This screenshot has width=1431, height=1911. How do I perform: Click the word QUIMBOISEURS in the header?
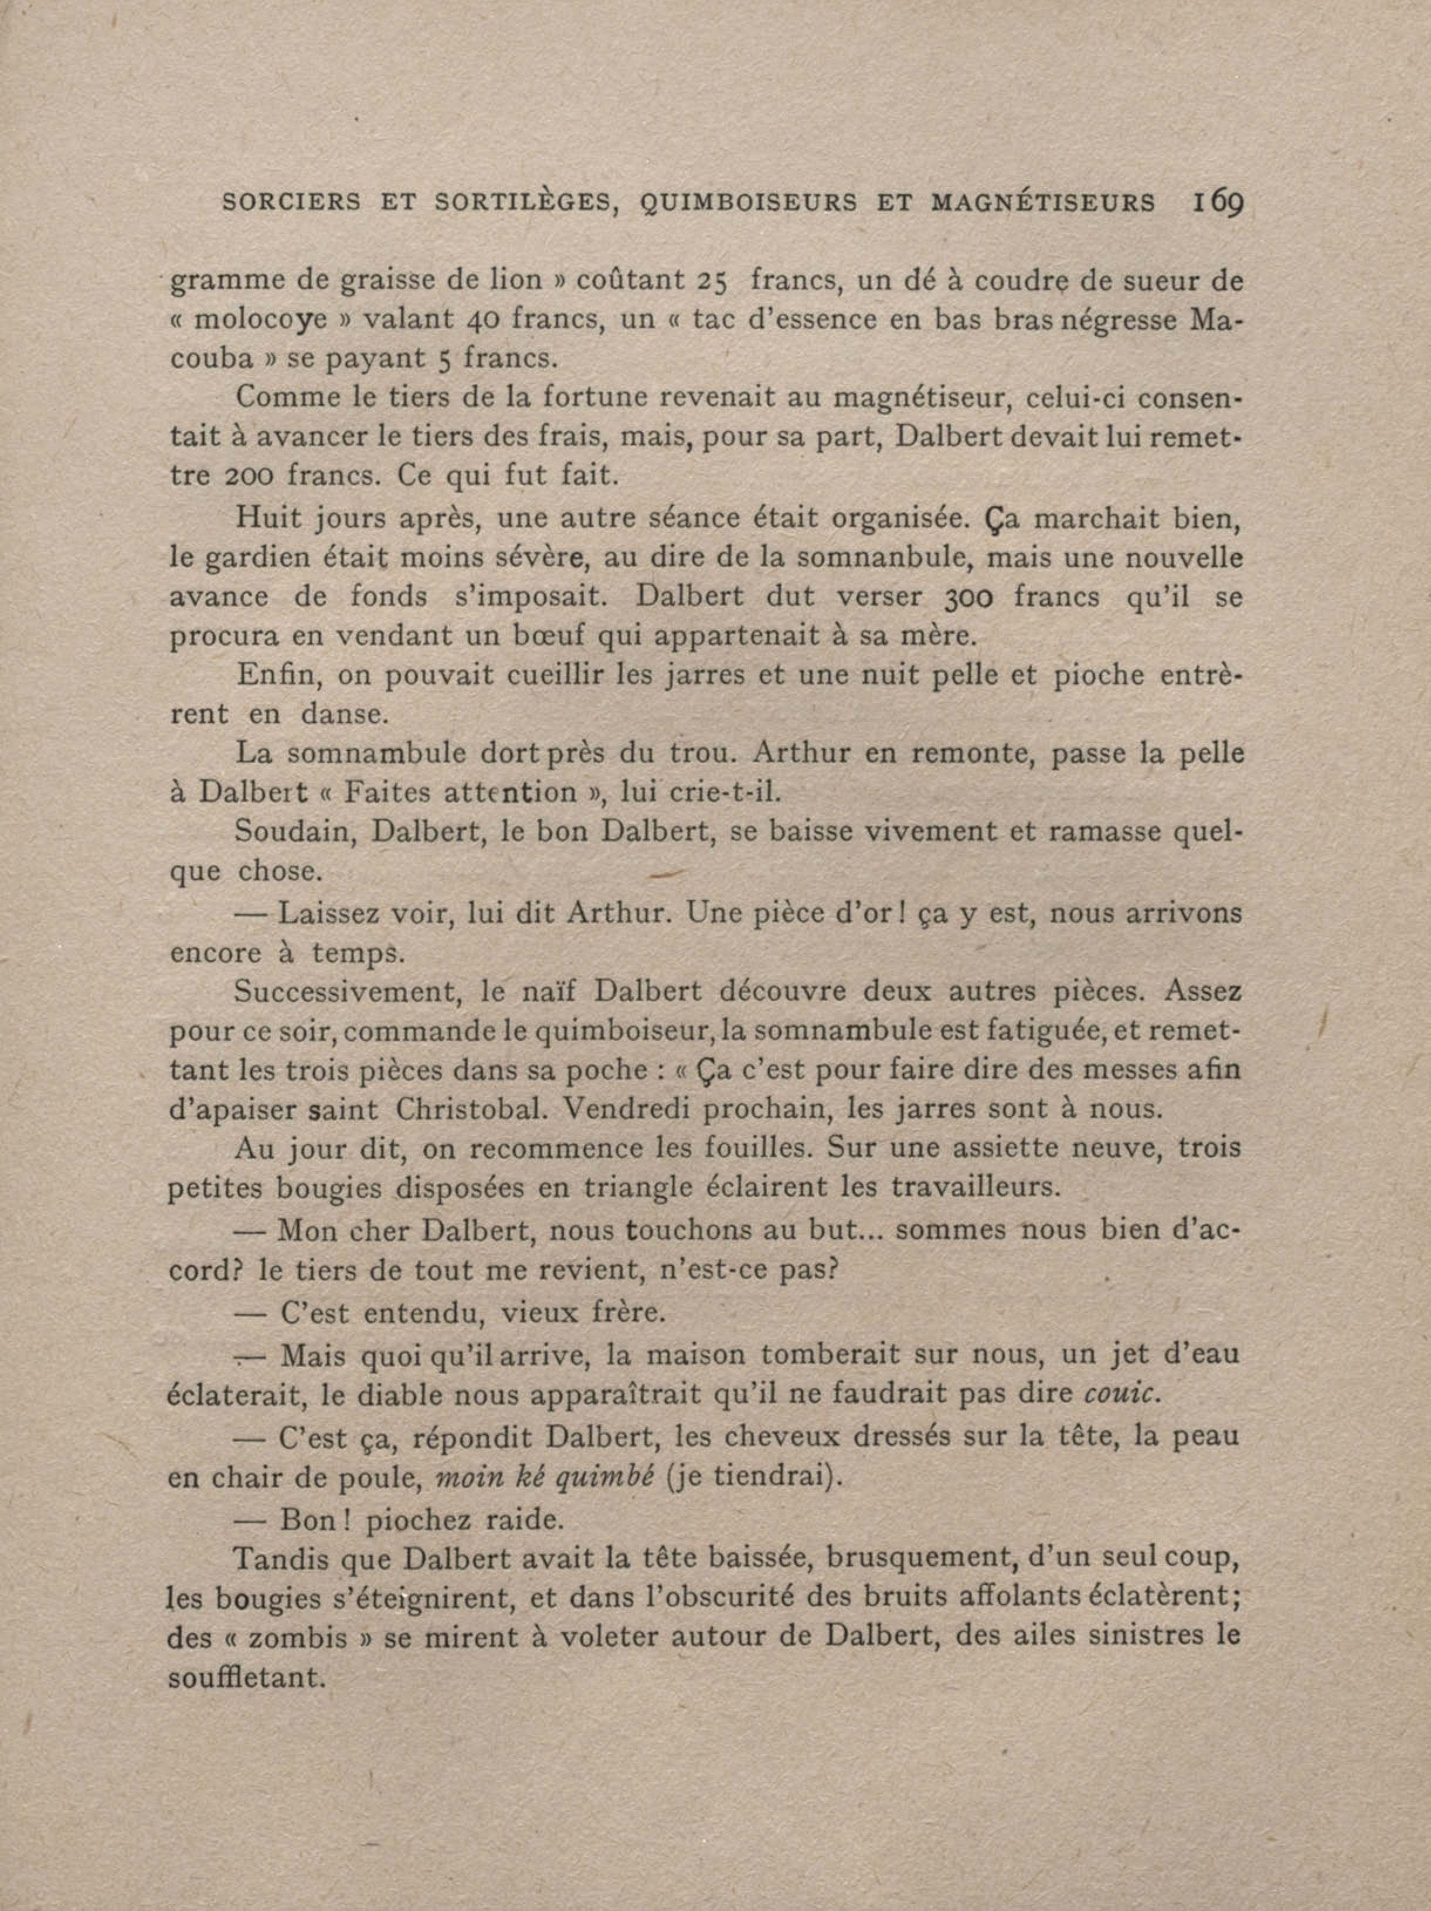[x=749, y=204]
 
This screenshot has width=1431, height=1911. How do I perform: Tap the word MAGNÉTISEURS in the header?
[x=1042, y=204]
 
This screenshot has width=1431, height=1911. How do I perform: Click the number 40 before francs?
[x=480, y=321]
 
